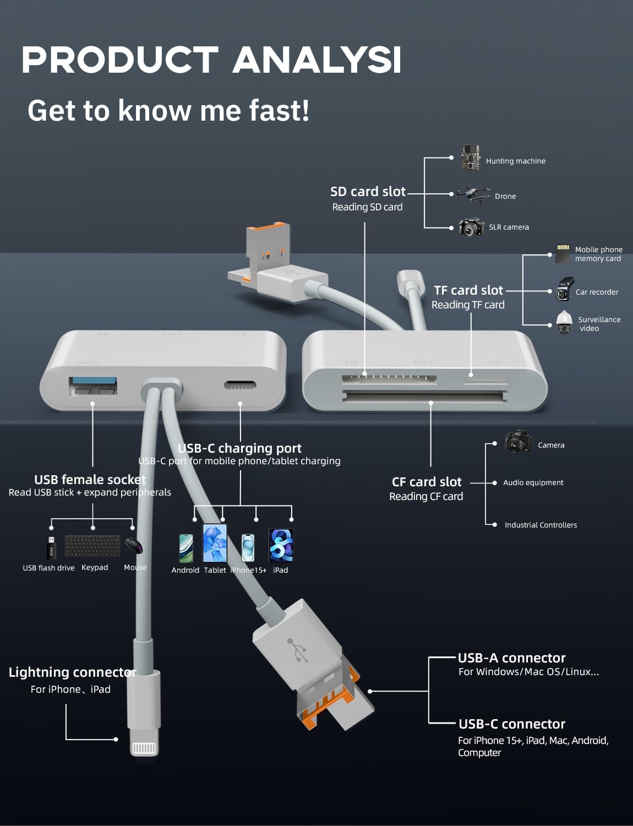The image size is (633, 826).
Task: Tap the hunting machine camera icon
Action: click(x=470, y=158)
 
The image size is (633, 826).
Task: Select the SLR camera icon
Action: click(x=471, y=227)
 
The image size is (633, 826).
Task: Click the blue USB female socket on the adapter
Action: click(x=92, y=385)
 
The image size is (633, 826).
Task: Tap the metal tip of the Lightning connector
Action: click(x=144, y=748)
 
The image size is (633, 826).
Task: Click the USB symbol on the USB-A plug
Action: click(x=298, y=650)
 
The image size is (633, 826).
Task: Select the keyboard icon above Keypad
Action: click(x=92, y=546)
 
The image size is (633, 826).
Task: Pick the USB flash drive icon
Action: click(x=51, y=547)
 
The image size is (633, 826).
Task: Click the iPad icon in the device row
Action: click(x=281, y=545)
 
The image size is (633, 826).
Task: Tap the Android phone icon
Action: click(x=186, y=548)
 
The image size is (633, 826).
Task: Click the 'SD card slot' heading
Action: click(x=368, y=192)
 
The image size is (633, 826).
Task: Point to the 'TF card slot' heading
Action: click(x=468, y=290)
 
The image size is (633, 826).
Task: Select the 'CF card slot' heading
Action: click(x=426, y=482)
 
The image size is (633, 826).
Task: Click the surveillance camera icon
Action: click(x=564, y=323)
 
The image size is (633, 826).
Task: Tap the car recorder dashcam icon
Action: click(x=564, y=289)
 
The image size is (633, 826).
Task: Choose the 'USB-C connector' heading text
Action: click(x=511, y=724)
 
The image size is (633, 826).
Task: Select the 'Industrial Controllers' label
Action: click(x=541, y=525)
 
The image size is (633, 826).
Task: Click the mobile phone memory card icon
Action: click(x=563, y=254)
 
